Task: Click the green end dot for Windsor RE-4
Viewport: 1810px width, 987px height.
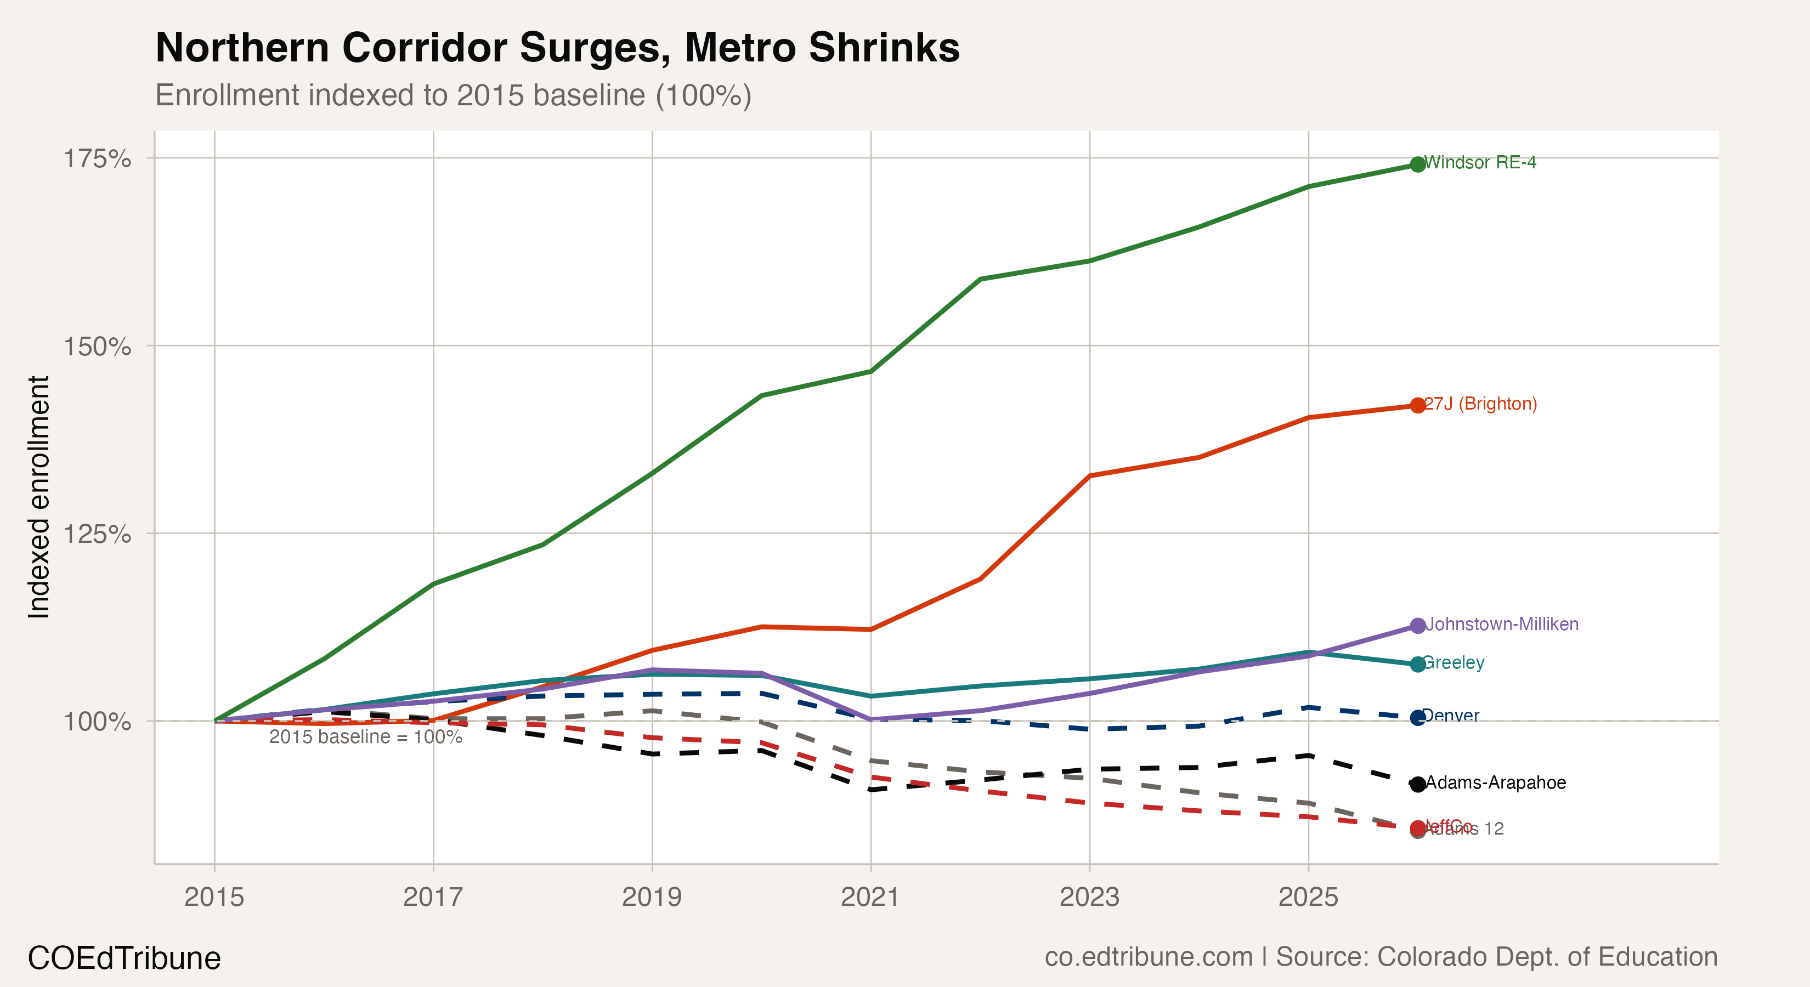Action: pyautogui.click(x=1417, y=164)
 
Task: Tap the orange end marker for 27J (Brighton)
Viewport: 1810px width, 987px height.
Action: pyautogui.click(x=1417, y=405)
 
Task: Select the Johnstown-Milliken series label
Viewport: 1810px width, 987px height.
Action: pyautogui.click(x=1502, y=624)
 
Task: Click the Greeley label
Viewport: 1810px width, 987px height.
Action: pyautogui.click(x=1452, y=662)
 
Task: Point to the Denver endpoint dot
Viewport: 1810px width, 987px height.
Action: pyautogui.click(x=1417, y=717)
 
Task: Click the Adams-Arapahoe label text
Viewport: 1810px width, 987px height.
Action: pyautogui.click(x=1495, y=782)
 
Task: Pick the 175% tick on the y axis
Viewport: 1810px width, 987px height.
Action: pyautogui.click(x=97, y=159)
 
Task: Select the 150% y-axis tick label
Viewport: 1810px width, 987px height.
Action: pyautogui.click(x=97, y=347)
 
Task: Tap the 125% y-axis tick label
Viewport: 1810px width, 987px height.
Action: pyautogui.click(x=97, y=534)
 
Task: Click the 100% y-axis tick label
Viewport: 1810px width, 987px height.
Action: pyautogui.click(x=97, y=722)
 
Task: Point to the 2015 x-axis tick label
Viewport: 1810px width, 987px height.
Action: pyautogui.click(x=214, y=897)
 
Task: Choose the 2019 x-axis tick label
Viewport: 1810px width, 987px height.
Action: pyautogui.click(x=652, y=897)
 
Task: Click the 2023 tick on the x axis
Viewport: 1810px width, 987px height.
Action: pyautogui.click(x=1089, y=897)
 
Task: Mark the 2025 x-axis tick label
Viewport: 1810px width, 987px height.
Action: pyautogui.click(x=1308, y=897)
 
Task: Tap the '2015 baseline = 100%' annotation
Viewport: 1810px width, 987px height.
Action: pyautogui.click(x=365, y=737)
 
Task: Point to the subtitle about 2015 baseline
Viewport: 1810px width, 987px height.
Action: pyautogui.click(x=453, y=95)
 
